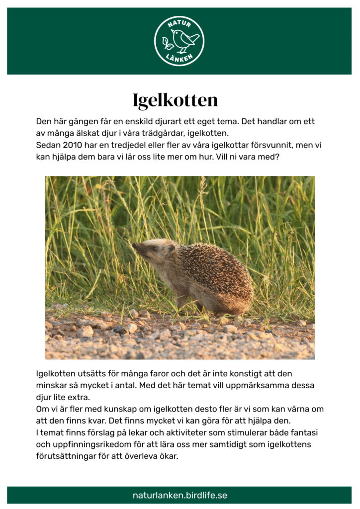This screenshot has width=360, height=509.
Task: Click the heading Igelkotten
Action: point(175,100)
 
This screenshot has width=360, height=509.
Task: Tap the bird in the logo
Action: point(182,40)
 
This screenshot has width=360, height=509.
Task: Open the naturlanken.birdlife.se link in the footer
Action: point(180,496)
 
